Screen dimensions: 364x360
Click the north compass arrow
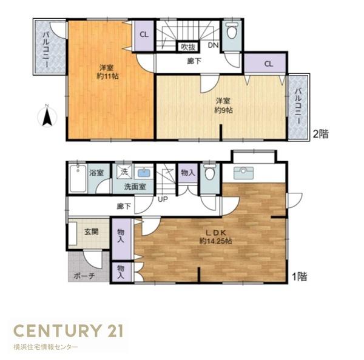[47, 118]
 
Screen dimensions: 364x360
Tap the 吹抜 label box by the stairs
[188, 47]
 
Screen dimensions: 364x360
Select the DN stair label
[213, 45]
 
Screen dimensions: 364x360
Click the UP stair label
[163, 199]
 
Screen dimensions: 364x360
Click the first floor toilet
[210, 172]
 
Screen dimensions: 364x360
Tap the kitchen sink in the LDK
[243, 173]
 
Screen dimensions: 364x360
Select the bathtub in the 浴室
[78, 178]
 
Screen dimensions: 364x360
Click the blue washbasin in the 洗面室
[144, 173]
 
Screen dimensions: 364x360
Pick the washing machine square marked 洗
[124, 172]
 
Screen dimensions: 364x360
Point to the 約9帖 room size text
[223, 110]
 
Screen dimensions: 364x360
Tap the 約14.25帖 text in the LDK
[215, 241]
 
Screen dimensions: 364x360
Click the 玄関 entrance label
[92, 232]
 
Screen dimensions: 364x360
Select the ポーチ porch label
[84, 276]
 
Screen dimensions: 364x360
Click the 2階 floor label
[321, 134]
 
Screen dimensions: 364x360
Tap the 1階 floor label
[300, 276]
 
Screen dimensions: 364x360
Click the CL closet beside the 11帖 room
[144, 35]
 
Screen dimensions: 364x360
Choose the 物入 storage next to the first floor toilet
[188, 173]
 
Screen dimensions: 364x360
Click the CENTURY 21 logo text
[68, 331]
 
